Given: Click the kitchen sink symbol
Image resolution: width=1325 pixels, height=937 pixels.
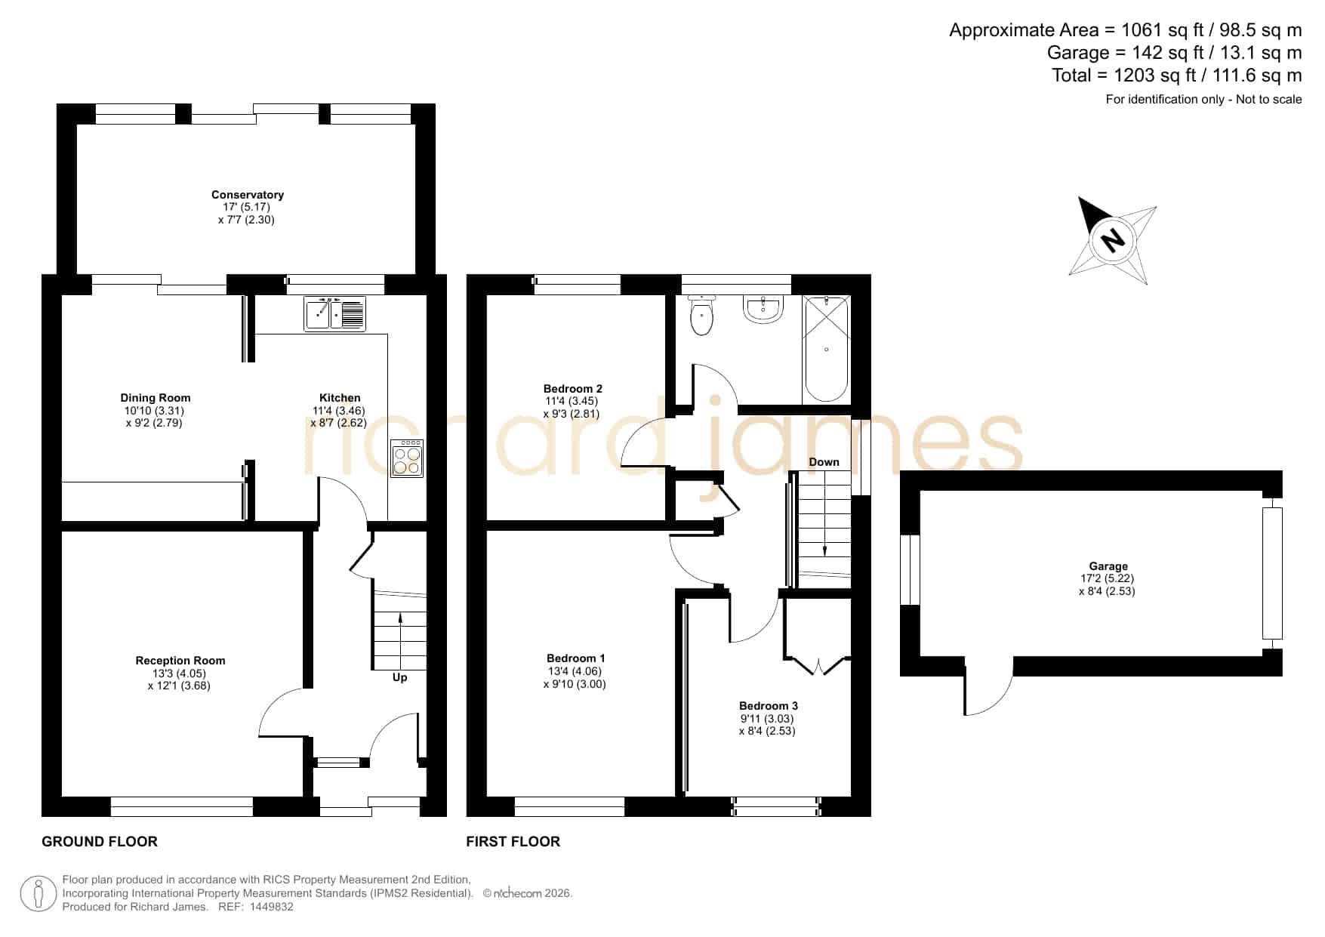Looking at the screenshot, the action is tap(335, 314).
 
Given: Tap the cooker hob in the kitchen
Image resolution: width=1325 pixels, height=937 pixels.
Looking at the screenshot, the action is tap(407, 458).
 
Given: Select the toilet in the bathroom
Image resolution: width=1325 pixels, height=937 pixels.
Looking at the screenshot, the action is tap(701, 316).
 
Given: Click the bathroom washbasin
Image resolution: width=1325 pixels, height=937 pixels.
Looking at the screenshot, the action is tap(763, 310).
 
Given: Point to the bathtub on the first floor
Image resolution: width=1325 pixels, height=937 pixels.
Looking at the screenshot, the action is tap(826, 349).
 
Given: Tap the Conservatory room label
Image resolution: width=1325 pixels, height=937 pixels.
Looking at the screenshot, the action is tap(248, 195).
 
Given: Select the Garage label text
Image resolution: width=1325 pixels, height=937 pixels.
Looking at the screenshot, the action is tap(1108, 566).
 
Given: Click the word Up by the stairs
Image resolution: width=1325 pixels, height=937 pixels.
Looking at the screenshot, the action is tap(399, 677).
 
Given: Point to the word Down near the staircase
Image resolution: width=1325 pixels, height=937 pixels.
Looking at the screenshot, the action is tap(824, 462).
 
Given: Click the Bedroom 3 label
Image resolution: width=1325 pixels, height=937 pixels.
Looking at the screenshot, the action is tap(769, 706).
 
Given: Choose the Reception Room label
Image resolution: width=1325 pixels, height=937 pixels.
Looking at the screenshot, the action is tap(180, 661).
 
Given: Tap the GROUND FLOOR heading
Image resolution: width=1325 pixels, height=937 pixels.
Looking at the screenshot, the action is tap(100, 841).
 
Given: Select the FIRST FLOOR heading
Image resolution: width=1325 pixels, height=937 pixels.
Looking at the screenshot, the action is tap(513, 841).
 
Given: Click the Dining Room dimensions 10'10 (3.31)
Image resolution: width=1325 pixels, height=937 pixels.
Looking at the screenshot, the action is tap(154, 411).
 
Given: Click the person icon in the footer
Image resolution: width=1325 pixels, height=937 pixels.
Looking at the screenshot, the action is tap(38, 894).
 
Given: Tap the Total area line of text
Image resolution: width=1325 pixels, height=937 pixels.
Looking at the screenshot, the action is tap(1177, 76).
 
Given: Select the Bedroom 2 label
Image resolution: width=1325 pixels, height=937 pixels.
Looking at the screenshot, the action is tap(573, 389).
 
